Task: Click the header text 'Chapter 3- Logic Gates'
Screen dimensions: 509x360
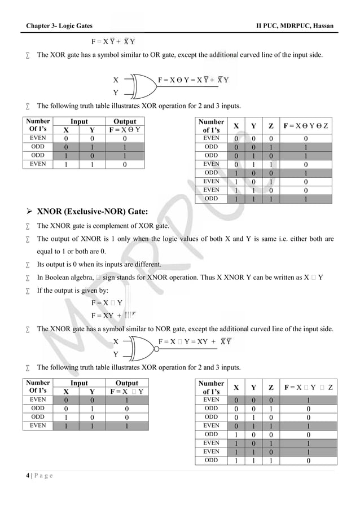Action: pos(59,27)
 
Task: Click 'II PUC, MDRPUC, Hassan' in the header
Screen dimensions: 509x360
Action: pos(295,27)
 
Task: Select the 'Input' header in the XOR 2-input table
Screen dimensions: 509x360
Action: pos(79,121)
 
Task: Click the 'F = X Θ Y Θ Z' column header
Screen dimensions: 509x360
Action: pos(307,125)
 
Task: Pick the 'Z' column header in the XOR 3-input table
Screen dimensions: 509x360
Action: pos(271,125)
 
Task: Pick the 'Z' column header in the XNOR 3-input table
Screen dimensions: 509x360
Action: pos(271,387)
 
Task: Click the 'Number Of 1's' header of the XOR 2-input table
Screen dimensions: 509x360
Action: pos(38,125)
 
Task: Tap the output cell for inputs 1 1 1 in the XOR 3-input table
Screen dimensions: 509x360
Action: pos(305,199)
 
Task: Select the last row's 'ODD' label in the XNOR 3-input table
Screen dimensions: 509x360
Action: pos(211,460)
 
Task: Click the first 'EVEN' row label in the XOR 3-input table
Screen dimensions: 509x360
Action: pos(211,138)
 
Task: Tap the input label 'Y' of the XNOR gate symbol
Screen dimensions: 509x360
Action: pos(116,355)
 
